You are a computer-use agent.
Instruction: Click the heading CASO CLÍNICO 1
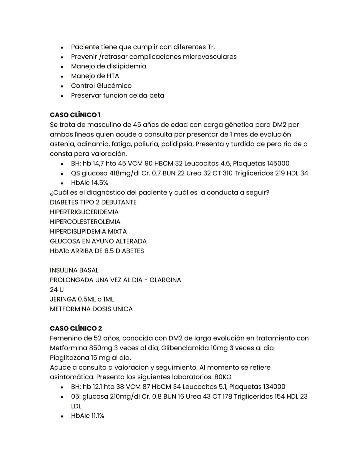coord(75,115)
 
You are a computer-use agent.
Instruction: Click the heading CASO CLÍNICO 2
coord(76,329)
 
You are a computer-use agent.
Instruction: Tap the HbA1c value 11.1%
coord(97,416)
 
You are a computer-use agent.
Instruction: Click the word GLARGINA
coord(165,280)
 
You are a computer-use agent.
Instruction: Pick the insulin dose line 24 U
coord(57,290)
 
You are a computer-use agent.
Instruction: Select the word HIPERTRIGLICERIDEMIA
coord(84,212)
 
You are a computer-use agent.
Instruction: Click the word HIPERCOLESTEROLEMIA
coord(85,222)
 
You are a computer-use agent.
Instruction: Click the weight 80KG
coord(223,377)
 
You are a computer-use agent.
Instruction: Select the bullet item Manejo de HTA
coord(95,76)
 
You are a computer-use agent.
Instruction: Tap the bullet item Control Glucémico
coord(101,86)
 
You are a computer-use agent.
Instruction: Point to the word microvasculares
coord(210,57)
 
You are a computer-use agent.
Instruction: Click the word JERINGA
coord(63,300)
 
